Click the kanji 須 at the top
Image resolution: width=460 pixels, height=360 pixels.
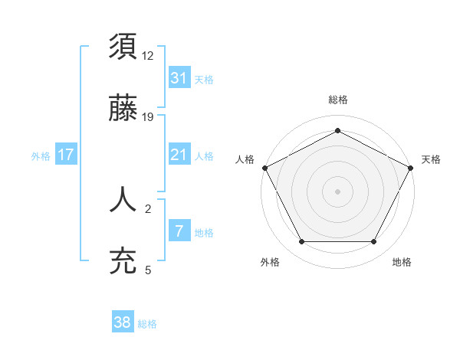[123, 47]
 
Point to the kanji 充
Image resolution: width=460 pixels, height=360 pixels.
[123, 260]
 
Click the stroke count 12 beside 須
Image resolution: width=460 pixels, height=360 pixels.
[149, 56]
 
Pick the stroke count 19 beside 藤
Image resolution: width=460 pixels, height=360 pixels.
[149, 116]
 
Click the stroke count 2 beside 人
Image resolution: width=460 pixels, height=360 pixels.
[149, 208]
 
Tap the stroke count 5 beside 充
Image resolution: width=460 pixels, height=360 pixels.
[149, 269]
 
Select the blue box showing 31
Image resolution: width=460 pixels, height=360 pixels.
[179, 78]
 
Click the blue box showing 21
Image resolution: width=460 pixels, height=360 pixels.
[179, 155]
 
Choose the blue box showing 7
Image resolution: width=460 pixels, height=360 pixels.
[179, 231]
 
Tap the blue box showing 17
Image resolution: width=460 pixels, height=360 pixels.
[66, 155]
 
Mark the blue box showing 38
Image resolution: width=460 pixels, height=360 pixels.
[123, 323]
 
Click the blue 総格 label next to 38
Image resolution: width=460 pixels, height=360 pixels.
[147, 324]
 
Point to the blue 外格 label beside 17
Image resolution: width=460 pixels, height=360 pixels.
[41, 155]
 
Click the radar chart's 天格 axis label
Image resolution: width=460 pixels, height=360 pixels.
[431, 159]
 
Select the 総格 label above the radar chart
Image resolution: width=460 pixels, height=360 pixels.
[337, 100]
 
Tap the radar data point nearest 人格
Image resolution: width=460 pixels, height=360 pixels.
[264, 167]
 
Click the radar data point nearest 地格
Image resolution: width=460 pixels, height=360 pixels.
[374, 242]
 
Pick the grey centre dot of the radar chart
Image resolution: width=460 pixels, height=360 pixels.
[337, 191]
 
